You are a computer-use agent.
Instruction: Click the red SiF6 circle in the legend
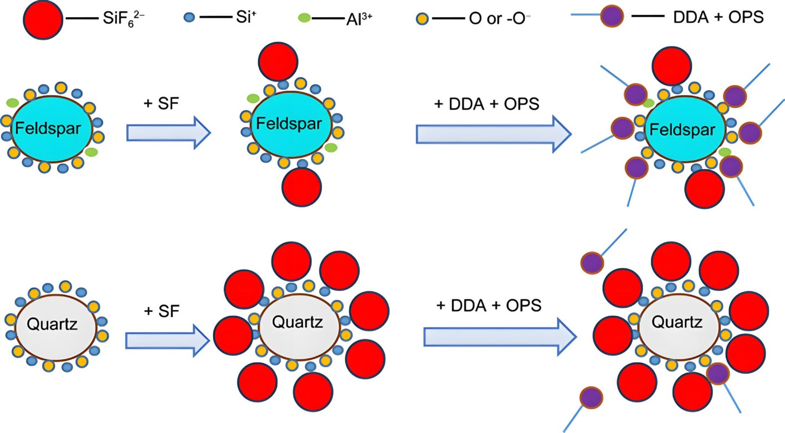[43, 19]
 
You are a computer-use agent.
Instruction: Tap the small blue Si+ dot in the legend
[189, 18]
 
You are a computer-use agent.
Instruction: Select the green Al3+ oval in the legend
[304, 18]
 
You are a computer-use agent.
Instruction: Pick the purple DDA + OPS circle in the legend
[612, 16]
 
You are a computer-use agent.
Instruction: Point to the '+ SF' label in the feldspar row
[161, 104]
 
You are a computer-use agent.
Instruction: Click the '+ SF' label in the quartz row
[162, 311]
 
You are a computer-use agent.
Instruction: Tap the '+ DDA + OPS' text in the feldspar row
[486, 104]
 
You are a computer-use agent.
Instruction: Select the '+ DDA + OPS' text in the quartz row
[489, 306]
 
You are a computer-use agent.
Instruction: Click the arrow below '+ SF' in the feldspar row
[168, 133]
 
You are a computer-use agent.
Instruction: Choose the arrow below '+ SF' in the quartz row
[167, 341]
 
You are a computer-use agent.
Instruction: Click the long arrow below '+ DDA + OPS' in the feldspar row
[494, 134]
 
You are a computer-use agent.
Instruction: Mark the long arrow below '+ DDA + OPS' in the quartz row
[500, 337]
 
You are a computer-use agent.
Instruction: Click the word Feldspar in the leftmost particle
[48, 128]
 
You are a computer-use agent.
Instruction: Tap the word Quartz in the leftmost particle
[52, 324]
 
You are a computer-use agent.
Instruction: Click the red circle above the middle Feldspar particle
[278, 61]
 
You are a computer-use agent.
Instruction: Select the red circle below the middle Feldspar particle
[302, 187]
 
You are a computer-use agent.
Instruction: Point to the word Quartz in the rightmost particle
[677, 322]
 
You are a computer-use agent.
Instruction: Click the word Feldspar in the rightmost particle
[683, 130]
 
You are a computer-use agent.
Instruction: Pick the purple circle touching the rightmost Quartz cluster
[718, 374]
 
